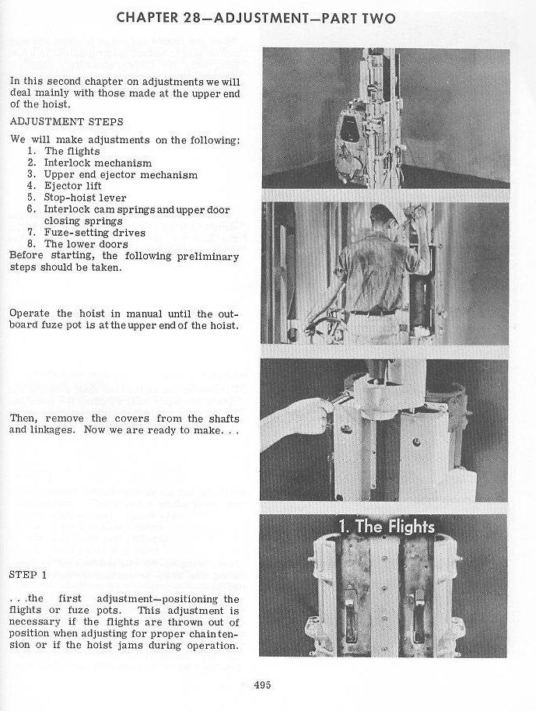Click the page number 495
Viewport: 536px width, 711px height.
coord(262,685)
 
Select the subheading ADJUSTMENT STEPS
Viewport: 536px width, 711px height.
coord(66,122)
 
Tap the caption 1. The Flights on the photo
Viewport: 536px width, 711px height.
coord(386,527)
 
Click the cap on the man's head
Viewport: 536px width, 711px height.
coord(384,213)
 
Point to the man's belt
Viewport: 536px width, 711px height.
coord(373,312)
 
